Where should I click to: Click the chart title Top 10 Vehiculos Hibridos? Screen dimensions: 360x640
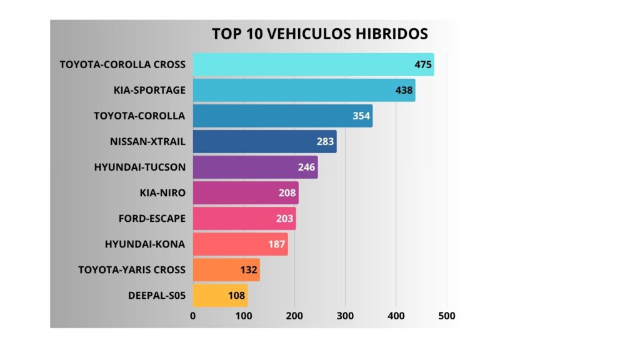(320, 33)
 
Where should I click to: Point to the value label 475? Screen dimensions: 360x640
(423, 64)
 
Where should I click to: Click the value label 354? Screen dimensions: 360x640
(361, 116)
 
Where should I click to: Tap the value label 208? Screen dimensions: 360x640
(287, 193)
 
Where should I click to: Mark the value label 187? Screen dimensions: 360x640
(277, 244)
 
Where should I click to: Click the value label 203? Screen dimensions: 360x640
(285, 219)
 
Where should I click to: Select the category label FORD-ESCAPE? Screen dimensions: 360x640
(152, 219)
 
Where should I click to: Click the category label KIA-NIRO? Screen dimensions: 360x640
(162, 193)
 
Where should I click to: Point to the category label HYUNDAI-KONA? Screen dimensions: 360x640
(145, 244)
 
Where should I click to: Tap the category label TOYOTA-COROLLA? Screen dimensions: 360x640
(139, 116)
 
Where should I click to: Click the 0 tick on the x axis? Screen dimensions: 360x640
(193, 316)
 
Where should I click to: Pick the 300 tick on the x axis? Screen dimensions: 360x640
(345, 316)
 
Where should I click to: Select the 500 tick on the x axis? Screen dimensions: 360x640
(446, 316)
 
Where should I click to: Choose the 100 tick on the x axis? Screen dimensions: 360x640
(244, 316)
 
